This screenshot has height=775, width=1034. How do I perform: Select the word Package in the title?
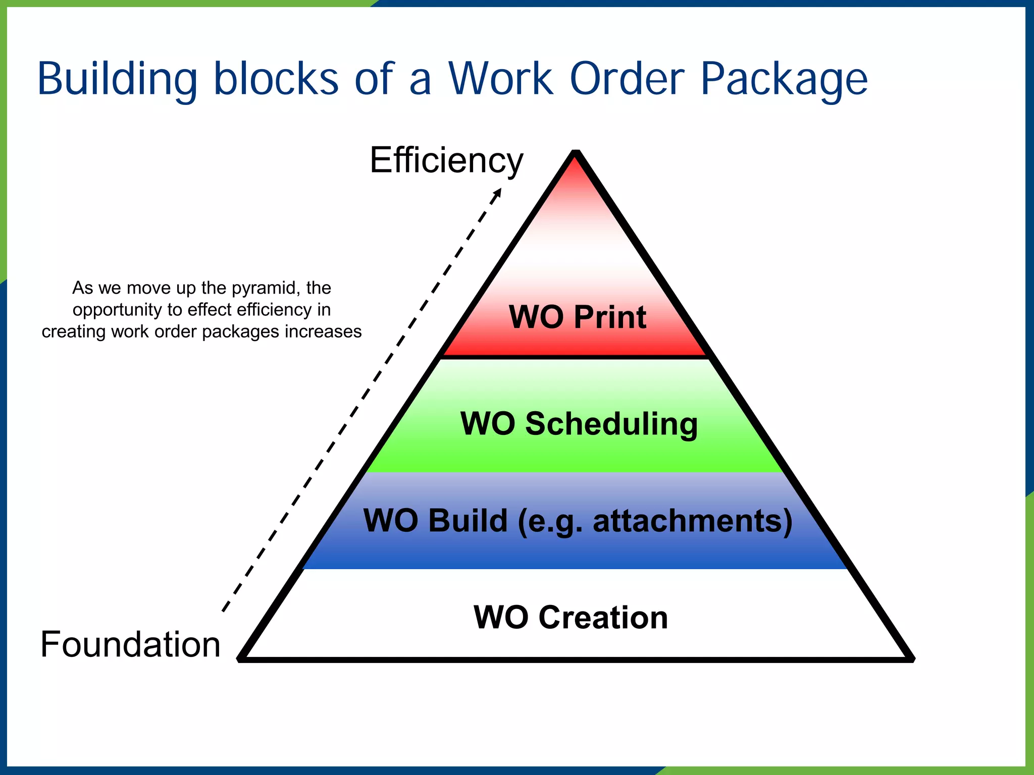(x=784, y=80)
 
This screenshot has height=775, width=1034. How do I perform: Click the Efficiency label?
(x=446, y=160)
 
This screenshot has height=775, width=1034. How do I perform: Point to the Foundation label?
(x=130, y=644)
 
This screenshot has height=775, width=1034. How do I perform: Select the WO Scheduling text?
(x=579, y=423)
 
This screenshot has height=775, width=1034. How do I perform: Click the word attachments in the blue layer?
(x=692, y=521)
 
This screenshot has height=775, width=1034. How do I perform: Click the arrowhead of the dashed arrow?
(x=498, y=192)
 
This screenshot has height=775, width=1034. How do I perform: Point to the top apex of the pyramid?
(x=576, y=153)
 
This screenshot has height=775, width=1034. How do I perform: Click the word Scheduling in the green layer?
(x=611, y=423)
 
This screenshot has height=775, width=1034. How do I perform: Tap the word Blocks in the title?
(x=276, y=79)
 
